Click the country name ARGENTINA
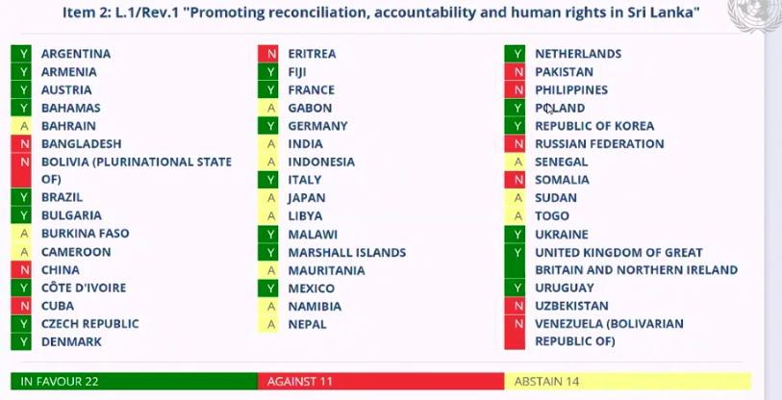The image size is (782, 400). click(x=76, y=54)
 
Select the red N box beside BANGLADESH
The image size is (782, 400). click(x=23, y=144)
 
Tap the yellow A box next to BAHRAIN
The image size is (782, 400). click(x=23, y=126)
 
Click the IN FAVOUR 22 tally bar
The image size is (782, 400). click(x=134, y=382)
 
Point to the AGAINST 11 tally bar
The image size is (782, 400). click(x=381, y=382)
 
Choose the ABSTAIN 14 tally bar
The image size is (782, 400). click(x=626, y=382)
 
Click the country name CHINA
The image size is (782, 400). click(x=61, y=270)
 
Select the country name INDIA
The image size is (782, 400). click(x=307, y=144)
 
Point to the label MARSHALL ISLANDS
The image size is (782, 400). click(x=347, y=253)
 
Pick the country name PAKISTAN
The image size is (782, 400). click(x=565, y=72)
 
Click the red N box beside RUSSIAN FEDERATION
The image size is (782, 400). click(x=517, y=144)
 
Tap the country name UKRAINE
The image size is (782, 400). click(x=562, y=235)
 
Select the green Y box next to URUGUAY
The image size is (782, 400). click(x=517, y=288)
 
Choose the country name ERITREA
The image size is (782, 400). click(x=314, y=54)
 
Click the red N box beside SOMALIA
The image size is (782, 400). click(x=517, y=180)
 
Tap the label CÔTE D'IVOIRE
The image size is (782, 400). click(x=84, y=288)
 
